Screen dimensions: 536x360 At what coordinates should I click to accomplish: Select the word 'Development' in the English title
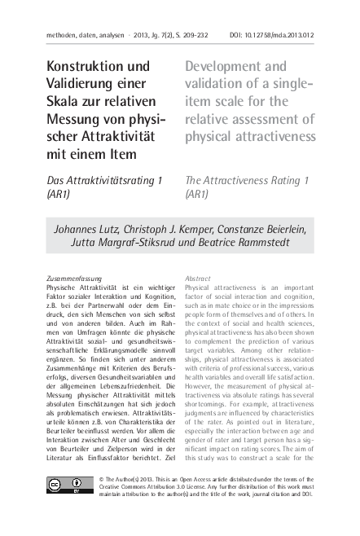click(225, 66)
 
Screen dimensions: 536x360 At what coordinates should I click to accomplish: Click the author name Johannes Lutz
click(86, 230)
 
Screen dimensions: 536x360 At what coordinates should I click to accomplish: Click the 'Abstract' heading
click(198, 279)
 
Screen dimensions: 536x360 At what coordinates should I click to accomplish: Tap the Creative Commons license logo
click(69, 485)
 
